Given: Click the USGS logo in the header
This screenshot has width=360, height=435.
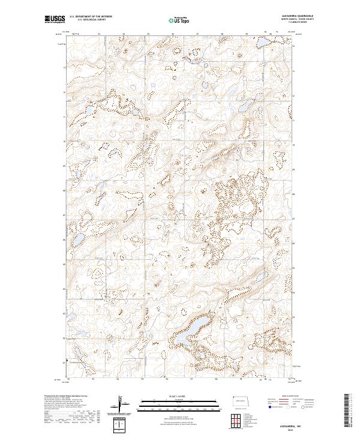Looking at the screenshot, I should click(x=55, y=20).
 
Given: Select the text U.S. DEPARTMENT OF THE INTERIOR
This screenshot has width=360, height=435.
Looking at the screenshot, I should click(x=91, y=17).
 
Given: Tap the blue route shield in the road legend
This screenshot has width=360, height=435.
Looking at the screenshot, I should click(x=266, y=406).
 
